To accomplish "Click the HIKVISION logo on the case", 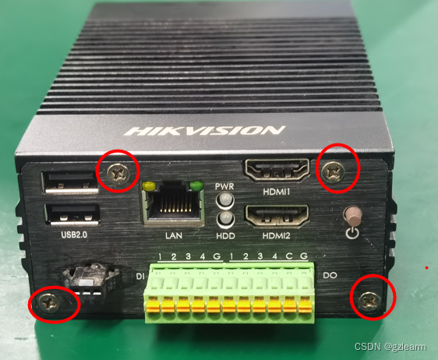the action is click(x=205, y=131).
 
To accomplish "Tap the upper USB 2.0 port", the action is click(x=70, y=182).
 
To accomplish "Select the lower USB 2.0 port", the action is click(x=72, y=215).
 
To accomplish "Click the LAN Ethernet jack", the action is click(x=173, y=203).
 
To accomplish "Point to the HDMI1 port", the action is click(x=277, y=169).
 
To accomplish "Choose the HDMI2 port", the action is click(x=277, y=216).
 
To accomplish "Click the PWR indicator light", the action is click(x=225, y=200).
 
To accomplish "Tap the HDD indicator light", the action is click(x=225, y=218).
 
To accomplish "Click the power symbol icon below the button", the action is click(x=352, y=233).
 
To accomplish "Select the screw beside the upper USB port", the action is click(x=118, y=174).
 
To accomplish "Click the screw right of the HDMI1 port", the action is click(x=333, y=171).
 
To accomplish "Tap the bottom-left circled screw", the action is click(x=49, y=304).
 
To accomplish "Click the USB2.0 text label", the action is click(x=74, y=235).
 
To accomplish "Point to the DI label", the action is click(x=140, y=277).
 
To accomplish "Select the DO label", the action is click(x=330, y=275).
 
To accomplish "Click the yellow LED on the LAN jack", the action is click(x=149, y=185).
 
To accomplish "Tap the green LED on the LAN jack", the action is click(x=196, y=185).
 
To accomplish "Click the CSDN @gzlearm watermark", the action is click(x=390, y=347).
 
